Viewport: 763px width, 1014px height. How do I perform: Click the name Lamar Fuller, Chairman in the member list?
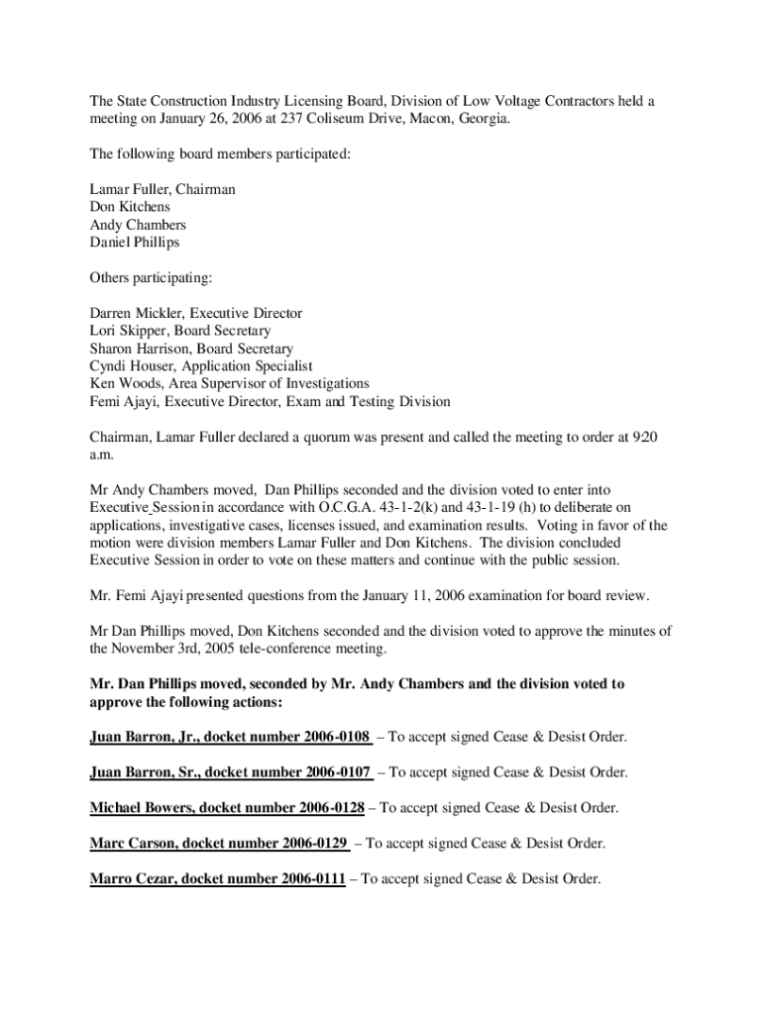point(163,189)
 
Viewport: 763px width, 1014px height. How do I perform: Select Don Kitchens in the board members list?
point(130,207)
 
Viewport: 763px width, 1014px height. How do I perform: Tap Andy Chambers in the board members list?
point(138,225)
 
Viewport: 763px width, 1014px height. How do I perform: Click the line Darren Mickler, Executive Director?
point(196,313)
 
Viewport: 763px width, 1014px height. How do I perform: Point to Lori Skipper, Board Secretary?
point(179,331)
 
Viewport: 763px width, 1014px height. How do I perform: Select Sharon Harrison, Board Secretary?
point(191,349)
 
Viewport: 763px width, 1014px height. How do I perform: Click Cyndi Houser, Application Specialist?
point(201,366)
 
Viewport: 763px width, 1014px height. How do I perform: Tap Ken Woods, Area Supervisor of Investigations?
point(229,384)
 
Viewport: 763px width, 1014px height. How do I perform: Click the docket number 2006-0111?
point(311,879)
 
